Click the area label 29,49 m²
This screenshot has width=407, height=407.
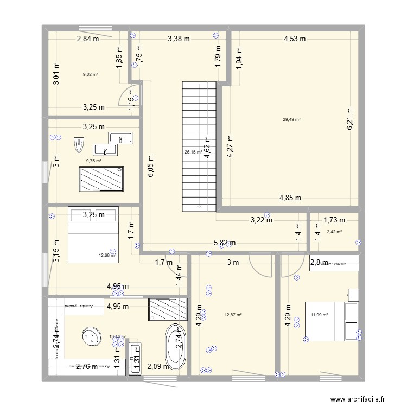[x=291, y=120]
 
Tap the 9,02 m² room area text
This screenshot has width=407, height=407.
[x=90, y=75]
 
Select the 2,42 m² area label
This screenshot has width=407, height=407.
[x=334, y=232]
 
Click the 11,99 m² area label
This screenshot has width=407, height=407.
[x=320, y=314]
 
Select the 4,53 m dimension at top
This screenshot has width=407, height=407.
[x=295, y=39]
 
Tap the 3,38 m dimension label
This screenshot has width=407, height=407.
[x=179, y=39]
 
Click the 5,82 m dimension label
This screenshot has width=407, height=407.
[x=224, y=243]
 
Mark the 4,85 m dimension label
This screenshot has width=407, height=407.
[x=290, y=198]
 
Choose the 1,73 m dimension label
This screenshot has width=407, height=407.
[x=334, y=220]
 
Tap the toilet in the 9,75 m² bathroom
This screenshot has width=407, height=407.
[x=79, y=145]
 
